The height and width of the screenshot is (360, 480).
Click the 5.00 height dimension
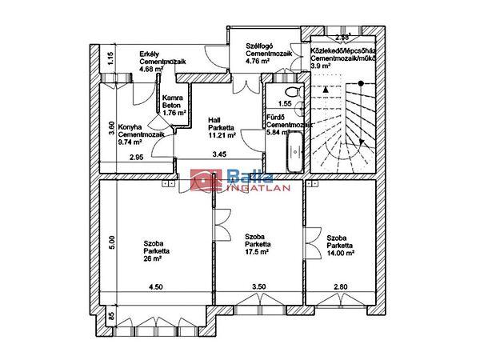click(113, 240)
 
